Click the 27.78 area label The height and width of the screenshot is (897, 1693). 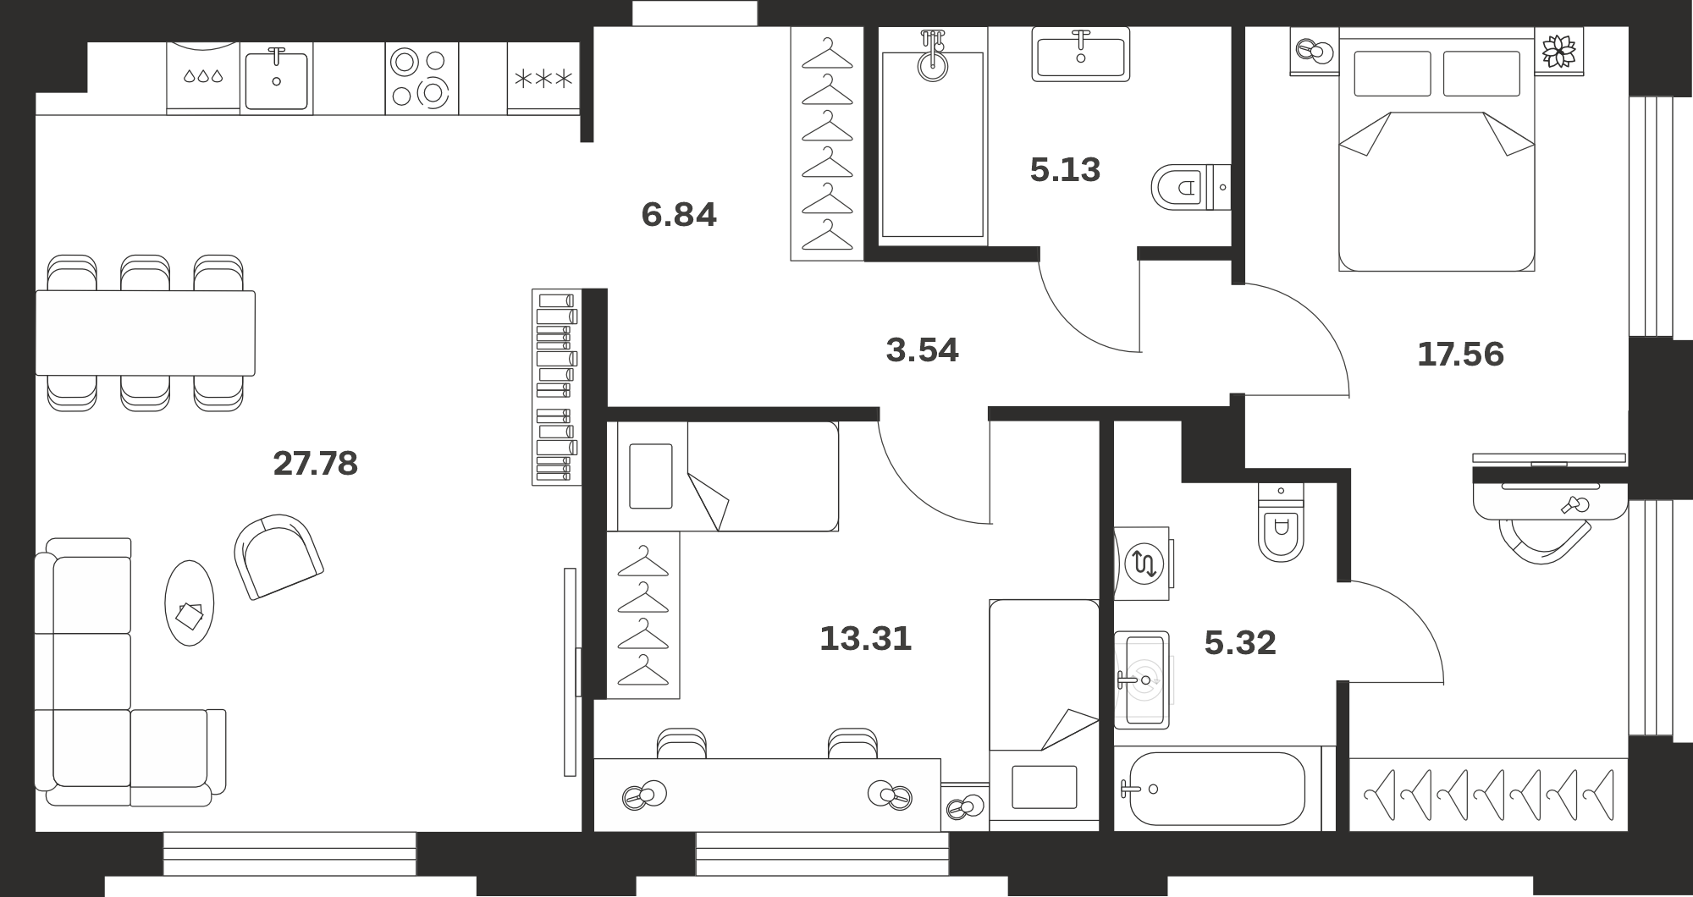coord(316,464)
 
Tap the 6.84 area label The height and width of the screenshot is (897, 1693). coord(679,215)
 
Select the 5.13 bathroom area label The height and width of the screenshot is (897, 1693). coord(1065,170)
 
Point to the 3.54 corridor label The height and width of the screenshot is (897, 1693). coord(922,350)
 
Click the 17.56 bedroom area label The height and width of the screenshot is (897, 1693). coord(1460,355)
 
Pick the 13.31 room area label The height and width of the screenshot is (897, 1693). coord(865,639)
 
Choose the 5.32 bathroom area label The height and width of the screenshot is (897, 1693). coord(1240,643)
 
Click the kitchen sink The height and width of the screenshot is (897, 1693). coord(277,79)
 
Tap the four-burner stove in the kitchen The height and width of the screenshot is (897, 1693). coord(422,78)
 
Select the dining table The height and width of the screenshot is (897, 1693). coord(145,333)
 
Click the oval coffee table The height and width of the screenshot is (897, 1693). coord(189,603)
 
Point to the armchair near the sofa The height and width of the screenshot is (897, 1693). coord(278,556)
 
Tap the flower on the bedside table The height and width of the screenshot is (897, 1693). coord(1559,51)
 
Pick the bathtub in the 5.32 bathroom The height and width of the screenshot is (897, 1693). coord(1216,789)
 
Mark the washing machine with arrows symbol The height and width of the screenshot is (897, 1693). coord(1143,564)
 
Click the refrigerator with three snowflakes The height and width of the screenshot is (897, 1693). coord(543,78)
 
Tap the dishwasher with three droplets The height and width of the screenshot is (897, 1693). coord(203,78)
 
